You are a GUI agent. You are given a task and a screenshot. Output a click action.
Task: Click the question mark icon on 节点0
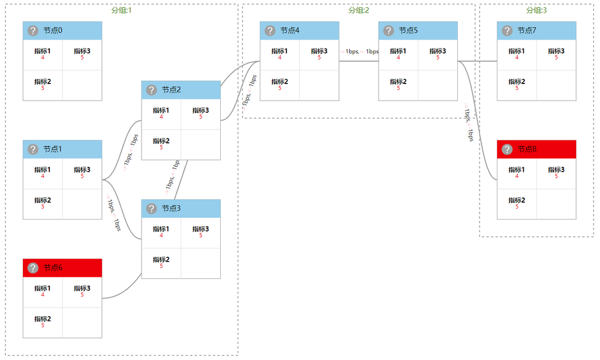32,31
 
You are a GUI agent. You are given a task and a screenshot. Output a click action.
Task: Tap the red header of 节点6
62,268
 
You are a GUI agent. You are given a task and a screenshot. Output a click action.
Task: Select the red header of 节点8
536,149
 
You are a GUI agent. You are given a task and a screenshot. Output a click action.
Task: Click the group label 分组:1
121,10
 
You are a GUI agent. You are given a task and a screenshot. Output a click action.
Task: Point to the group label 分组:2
359,10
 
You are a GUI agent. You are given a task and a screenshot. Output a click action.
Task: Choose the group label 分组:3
536,10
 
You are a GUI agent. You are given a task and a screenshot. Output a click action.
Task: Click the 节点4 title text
290,31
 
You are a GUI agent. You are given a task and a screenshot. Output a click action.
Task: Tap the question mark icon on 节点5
389,31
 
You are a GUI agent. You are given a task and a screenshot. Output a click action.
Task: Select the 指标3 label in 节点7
556,51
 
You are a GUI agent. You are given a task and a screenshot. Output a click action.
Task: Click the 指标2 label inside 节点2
161,141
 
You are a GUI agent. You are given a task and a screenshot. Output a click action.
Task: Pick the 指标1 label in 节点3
161,229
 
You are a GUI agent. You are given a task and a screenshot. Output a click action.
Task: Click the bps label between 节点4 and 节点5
359,52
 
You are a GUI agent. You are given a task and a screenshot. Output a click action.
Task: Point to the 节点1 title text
53,149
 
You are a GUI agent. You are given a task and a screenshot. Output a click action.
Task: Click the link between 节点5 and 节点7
478,61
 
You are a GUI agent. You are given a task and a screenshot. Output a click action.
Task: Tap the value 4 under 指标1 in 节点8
517,176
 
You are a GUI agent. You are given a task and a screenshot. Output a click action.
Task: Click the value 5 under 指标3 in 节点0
82,58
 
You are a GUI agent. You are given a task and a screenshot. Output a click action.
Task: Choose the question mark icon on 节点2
151,90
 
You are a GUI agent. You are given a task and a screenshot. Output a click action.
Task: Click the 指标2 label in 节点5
398,81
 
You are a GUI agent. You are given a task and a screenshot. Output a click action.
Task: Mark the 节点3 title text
171,208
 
